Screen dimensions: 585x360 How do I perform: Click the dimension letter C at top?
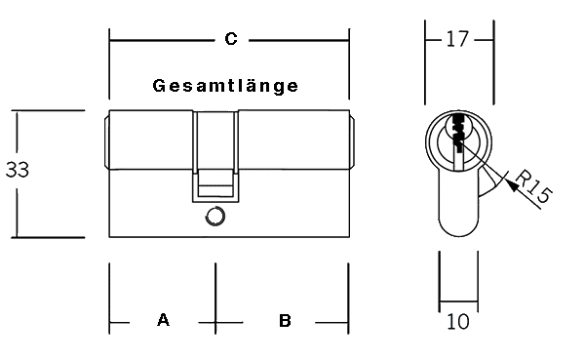pos(231,39)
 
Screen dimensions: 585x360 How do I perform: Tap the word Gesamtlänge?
pos(225,86)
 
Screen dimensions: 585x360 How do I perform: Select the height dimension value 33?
pos(18,169)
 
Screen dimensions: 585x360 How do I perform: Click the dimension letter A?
pos(163,320)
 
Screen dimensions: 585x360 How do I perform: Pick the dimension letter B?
pos(285,321)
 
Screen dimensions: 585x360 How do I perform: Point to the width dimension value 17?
pos(457,39)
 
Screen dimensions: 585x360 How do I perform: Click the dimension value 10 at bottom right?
pos(458,322)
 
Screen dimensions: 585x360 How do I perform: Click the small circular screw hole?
pos(215,216)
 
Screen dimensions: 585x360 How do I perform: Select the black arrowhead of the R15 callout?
pos(513,184)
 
